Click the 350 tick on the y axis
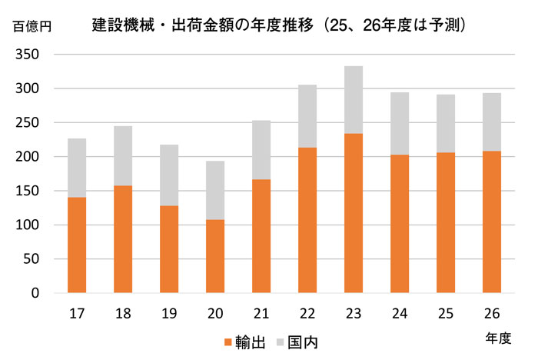[29, 55]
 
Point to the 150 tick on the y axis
[29, 191]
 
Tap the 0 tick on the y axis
[35, 293]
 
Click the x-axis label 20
[215, 313]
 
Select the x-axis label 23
[354, 313]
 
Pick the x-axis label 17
[77, 313]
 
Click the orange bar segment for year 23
[354, 213]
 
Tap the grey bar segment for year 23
[354, 100]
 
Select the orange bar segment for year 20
[215, 256]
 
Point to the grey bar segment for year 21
[261, 150]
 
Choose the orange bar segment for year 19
[169, 249]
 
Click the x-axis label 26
[492, 313]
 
